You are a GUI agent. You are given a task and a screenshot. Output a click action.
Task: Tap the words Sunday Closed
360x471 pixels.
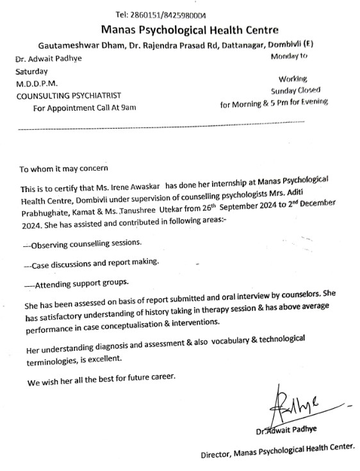click(296, 90)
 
